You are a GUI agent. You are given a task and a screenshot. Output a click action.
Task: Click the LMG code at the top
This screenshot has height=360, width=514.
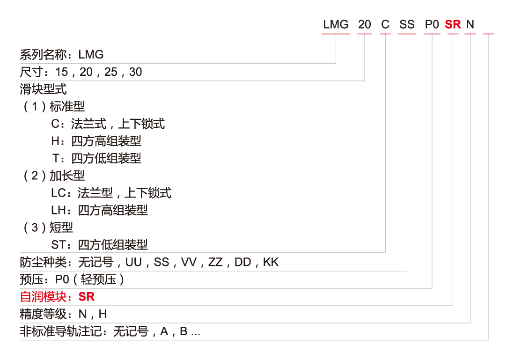(336, 25)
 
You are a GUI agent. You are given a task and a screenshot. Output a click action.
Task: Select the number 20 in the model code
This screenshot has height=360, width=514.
(364, 25)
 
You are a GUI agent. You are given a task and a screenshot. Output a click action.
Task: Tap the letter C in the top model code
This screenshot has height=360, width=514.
(385, 25)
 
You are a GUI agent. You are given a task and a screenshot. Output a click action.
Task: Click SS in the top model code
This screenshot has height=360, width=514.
(407, 25)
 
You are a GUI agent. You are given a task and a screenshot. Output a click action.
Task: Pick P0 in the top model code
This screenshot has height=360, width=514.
(432, 25)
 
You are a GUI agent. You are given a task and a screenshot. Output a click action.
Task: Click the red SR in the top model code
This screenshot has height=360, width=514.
(453, 25)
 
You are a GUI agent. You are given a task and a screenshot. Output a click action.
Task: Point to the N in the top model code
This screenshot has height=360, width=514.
(470, 25)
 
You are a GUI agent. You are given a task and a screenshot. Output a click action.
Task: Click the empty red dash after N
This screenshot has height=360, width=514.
(489, 33)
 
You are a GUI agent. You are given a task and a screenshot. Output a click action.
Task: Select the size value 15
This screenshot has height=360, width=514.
(61, 72)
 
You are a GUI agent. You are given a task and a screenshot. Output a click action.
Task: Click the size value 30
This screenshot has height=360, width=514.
(135, 72)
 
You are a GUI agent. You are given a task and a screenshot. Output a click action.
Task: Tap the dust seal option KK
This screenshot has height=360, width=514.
(271, 262)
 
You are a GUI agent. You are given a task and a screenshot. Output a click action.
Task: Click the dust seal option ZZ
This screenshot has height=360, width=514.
(215, 262)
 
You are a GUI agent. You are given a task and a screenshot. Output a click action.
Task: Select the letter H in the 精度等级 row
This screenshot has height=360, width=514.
(103, 314)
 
